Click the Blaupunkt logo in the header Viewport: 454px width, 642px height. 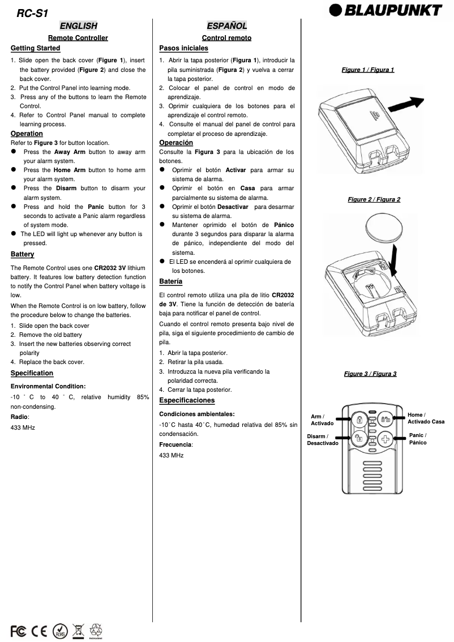[x=387, y=11]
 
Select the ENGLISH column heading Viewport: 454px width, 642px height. [x=78, y=26]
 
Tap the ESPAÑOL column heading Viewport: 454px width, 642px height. [x=226, y=26]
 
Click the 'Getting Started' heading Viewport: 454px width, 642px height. [x=35, y=48]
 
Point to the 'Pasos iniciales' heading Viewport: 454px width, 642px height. [x=183, y=48]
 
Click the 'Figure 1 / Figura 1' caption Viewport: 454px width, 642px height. [x=368, y=70]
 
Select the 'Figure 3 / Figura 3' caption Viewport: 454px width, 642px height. [x=370, y=374]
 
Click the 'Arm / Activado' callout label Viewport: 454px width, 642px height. [x=322, y=420]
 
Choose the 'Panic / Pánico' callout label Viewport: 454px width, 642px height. [x=418, y=439]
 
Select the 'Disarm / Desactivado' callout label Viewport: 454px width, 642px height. [x=322, y=440]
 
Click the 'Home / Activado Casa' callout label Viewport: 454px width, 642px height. [x=426, y=418]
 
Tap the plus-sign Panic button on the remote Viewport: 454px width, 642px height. [x=386, y=439]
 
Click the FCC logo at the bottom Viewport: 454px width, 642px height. [x=18, y=630]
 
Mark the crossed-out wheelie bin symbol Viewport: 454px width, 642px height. [x=78, y=630]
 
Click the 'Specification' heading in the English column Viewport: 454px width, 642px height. [x=32, y=373]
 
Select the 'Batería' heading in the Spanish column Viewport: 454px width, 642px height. [x=170, y=281]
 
